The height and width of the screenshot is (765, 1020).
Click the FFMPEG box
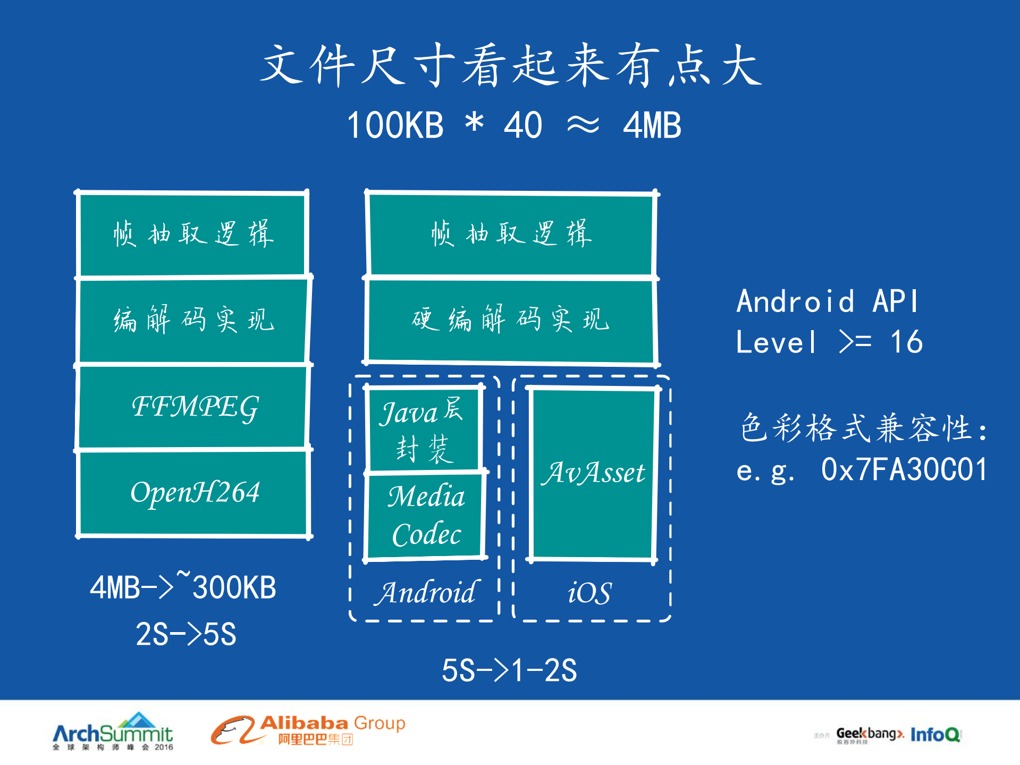coord(193,407)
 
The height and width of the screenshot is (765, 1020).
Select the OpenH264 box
coord(193,492)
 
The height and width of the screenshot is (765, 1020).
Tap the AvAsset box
coord(593,473)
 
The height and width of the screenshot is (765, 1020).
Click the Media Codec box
coord(425,515)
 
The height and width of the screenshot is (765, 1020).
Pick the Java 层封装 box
coord(423,428)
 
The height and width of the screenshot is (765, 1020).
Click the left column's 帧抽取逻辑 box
coord(193,234)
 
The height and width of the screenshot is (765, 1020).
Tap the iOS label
coord(589,592)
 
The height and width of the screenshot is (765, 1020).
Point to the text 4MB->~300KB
coord(183,587)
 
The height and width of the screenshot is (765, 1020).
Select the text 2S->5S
coord(186,634)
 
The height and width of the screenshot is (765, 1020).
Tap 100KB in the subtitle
coord(395,125)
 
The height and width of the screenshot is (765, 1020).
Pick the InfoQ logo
coord(935,734)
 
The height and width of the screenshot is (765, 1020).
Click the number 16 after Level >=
coord(907,342)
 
